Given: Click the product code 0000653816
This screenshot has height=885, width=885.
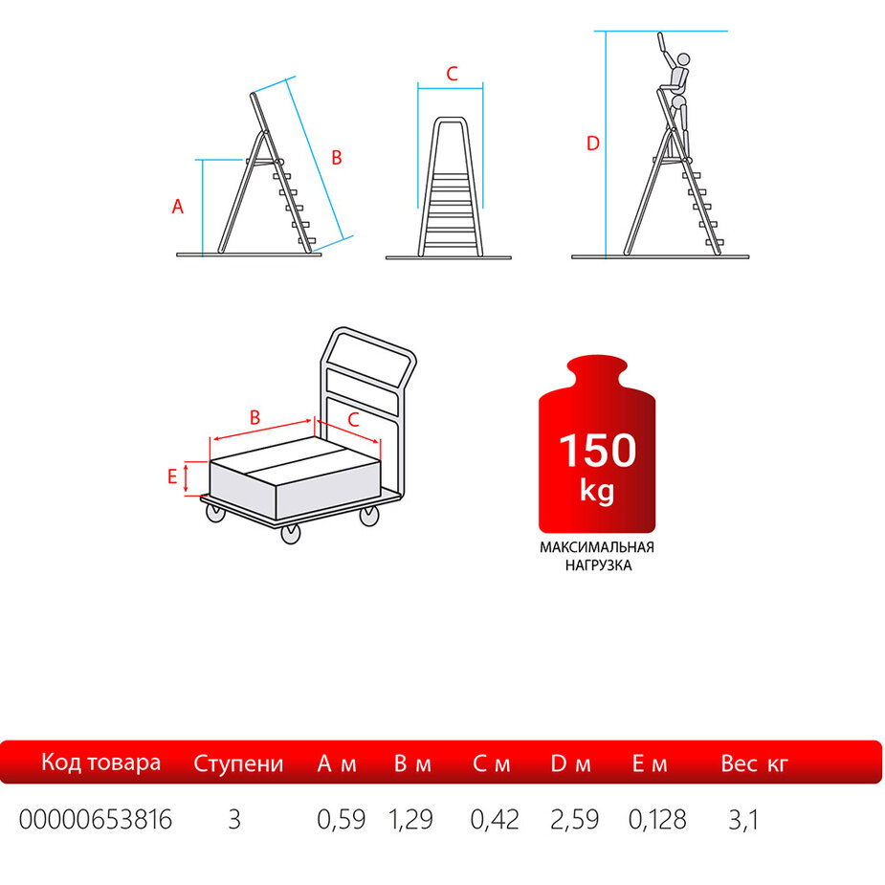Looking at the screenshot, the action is pos(96,820).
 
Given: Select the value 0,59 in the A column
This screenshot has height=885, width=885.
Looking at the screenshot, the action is pos(341,820).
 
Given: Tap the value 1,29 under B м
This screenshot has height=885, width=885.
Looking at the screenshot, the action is pos(410,820).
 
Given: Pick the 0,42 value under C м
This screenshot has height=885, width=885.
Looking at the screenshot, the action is pos(495,820).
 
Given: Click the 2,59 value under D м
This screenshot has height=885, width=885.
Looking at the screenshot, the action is pos(575,820).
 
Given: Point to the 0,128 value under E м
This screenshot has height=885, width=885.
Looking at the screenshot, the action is pos(657,820).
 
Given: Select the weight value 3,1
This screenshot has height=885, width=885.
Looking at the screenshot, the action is pos(743,820).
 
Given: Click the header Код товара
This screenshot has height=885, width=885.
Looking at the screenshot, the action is pos(101,763).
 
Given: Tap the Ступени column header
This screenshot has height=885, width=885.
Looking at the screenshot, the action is pos(238,763).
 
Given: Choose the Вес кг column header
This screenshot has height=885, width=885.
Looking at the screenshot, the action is pos(754,763).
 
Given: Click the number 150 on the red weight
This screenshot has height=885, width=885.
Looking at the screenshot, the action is pos(598,451).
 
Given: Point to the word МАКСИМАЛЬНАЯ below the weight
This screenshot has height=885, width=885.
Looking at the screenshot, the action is pos(597,547).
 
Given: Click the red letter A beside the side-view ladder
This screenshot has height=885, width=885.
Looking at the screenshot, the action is pos(178,207).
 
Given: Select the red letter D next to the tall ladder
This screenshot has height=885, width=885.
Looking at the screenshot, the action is pos(592,144).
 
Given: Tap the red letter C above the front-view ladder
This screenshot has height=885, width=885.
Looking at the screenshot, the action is pos(452,74).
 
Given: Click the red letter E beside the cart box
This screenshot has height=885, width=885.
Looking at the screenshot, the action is pos(172,476).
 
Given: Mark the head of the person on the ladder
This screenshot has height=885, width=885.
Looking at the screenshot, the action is pos(683,59).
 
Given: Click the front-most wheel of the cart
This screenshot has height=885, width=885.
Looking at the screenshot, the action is pos(291,534).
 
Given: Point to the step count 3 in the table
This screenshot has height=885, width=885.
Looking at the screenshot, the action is pos(234,820).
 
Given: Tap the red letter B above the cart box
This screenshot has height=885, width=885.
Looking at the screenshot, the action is pos(255,418).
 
